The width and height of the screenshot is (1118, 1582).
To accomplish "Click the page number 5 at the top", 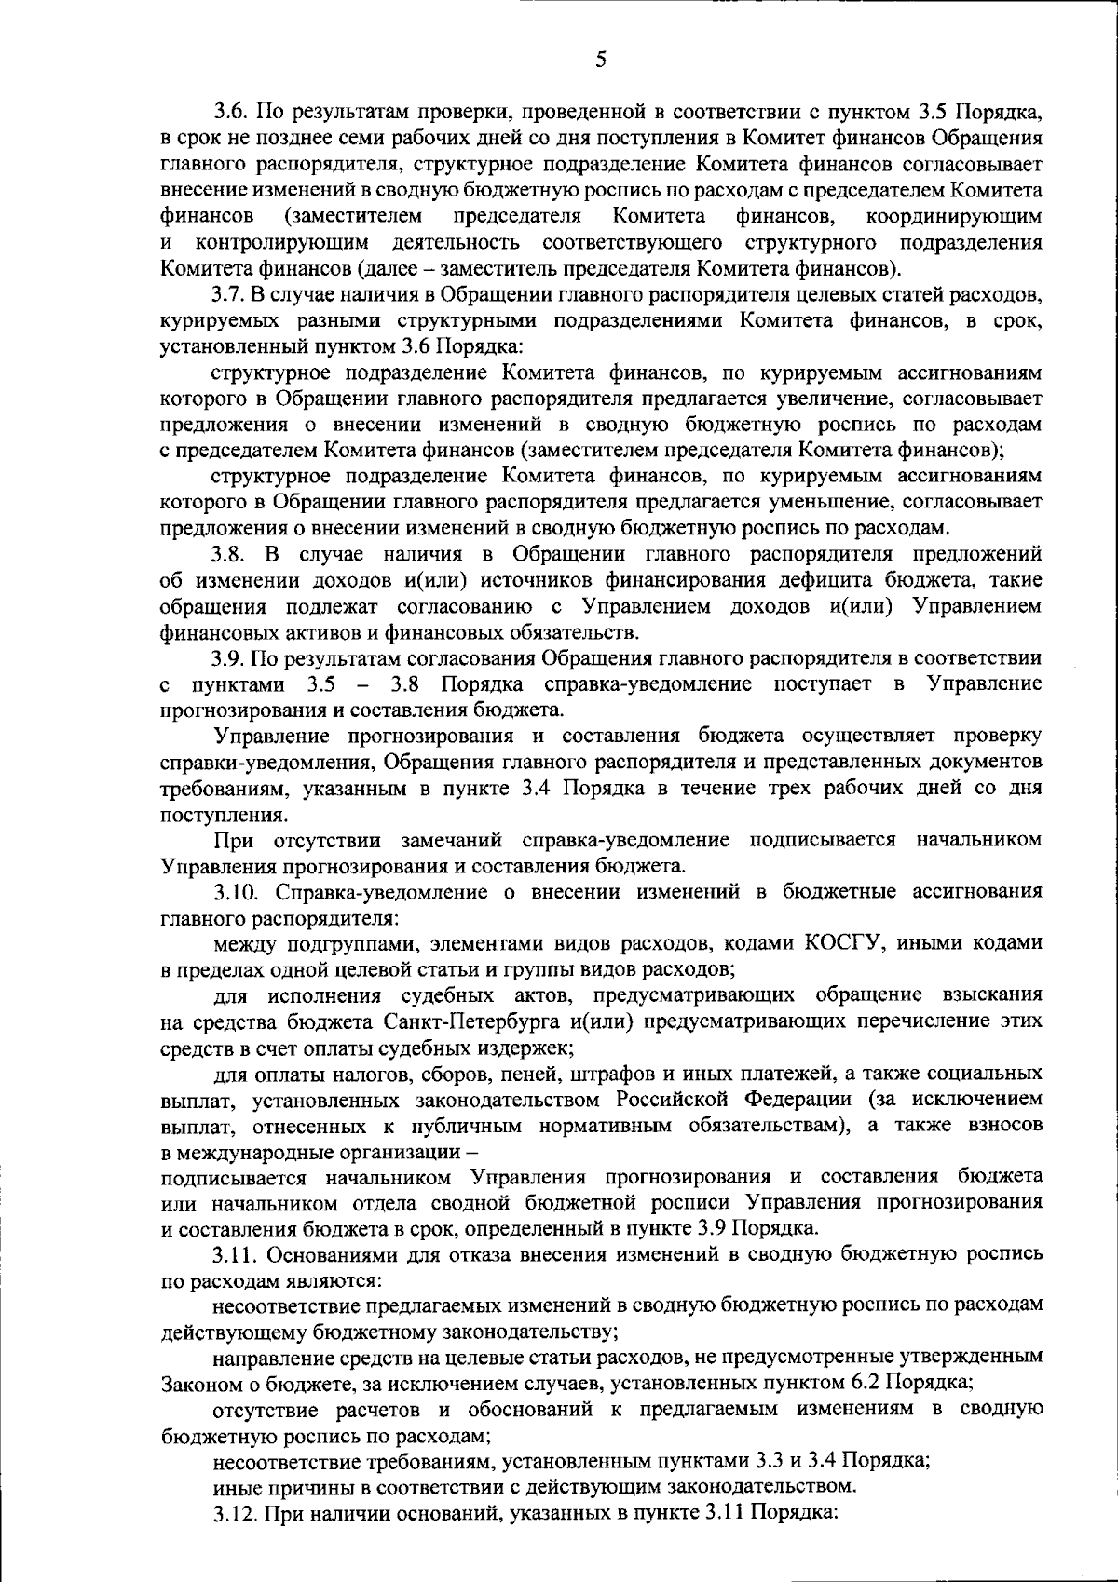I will (600, 34).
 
